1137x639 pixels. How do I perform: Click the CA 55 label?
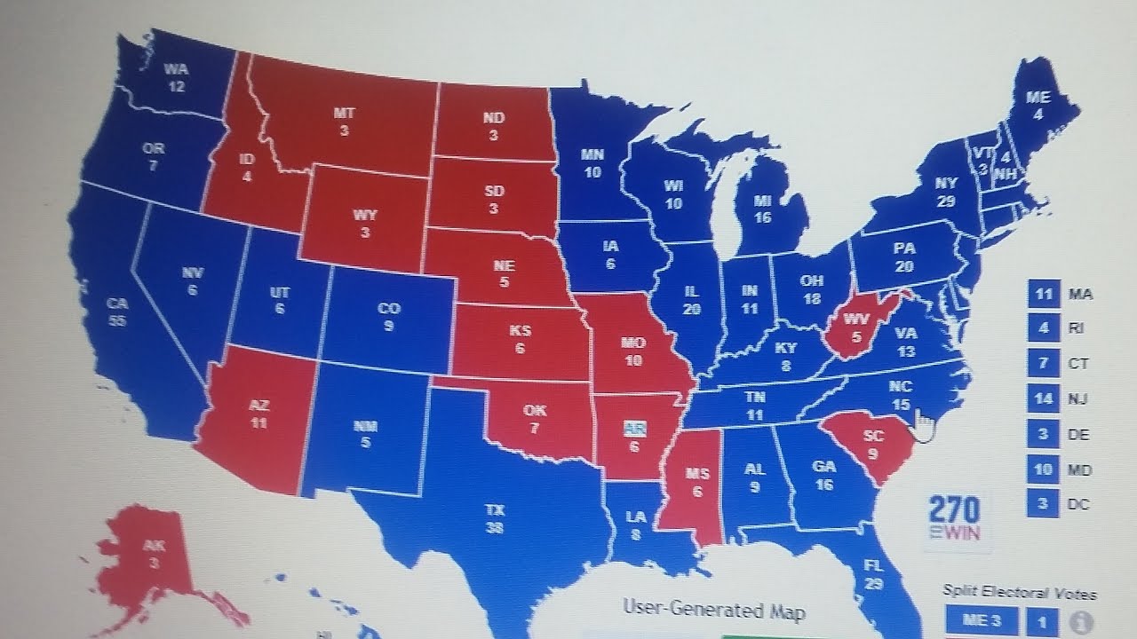tap(116, 311)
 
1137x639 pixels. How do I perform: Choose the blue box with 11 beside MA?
tap(1044, 293)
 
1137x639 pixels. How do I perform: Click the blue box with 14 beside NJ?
tap(1044, 398)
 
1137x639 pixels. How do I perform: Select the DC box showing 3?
tap(1044, 505)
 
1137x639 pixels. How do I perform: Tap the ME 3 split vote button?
tap(982, 620)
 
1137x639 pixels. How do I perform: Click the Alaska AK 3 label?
tap(153, 554)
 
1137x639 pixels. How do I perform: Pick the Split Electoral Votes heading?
tap(1019, 594)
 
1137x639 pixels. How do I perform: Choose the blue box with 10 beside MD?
tap(1044, 469)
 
